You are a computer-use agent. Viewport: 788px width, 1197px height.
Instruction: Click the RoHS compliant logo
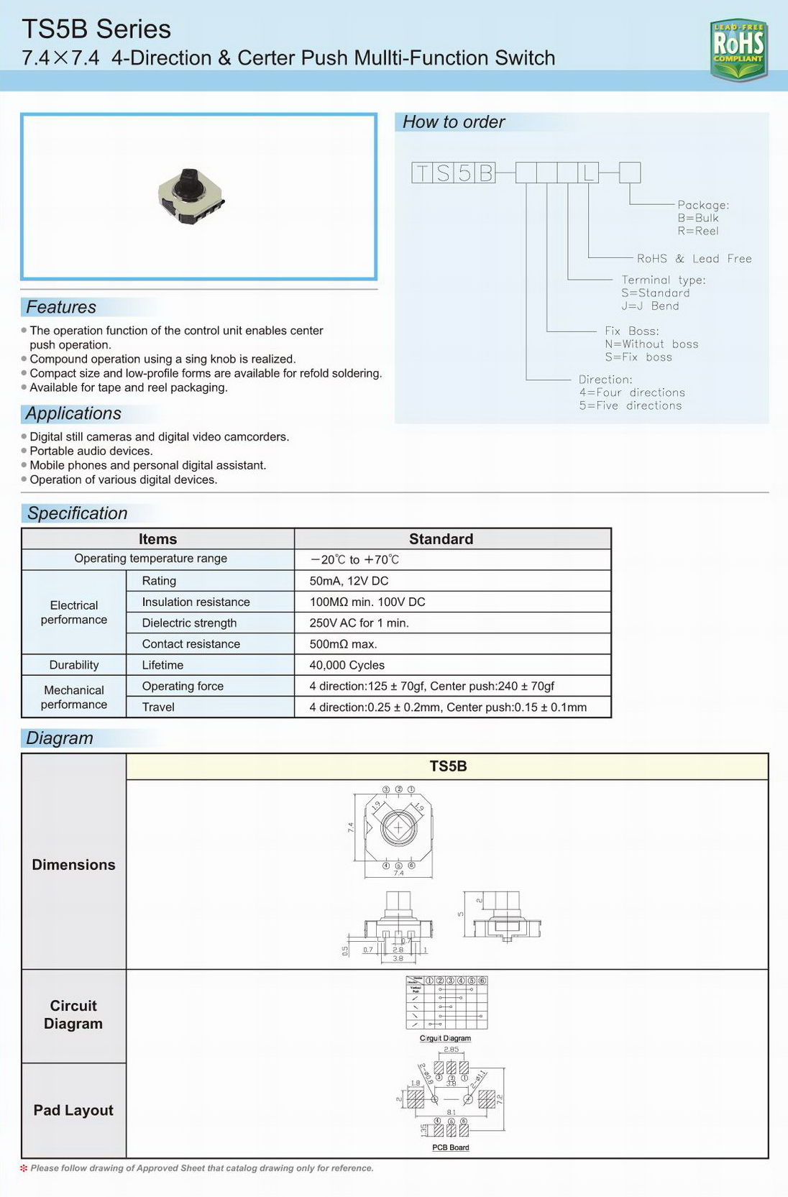pos(738,49)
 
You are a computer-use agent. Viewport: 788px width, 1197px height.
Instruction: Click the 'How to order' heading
pos(454,122)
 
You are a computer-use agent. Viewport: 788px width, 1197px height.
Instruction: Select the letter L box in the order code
pos(588,173)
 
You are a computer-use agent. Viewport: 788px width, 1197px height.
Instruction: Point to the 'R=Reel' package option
pos(697,231)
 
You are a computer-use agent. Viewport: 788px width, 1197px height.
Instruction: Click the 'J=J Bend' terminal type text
pos(650,306)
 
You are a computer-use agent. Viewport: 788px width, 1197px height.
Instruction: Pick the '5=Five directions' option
pos(631,405)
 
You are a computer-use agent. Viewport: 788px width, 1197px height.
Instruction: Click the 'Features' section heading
pos(61,307)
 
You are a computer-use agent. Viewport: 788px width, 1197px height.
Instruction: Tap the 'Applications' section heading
pos(73,413)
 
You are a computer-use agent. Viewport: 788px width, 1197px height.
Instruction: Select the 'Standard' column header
pos(441,539)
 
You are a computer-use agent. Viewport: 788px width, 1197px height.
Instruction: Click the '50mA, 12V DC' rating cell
pos(349,581)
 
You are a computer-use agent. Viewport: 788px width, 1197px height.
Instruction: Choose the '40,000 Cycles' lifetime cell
pos(347,665)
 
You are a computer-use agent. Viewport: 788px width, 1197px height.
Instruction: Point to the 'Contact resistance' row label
pos(191,644)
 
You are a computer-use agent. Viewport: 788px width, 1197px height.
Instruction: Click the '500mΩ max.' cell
pos(343,644)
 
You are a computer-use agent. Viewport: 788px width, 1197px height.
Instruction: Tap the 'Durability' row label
pos(74,665)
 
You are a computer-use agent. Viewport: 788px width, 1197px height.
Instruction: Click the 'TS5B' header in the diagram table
pos(448,766)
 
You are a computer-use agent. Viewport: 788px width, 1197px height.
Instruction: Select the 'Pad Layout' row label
pos(73,1110)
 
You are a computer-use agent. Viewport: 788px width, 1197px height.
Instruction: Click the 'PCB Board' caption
pos(451,1147)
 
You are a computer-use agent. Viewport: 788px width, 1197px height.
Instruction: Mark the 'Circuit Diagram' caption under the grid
pos(445,1038)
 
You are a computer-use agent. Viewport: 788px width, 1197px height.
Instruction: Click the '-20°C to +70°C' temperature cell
pos(354,559)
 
